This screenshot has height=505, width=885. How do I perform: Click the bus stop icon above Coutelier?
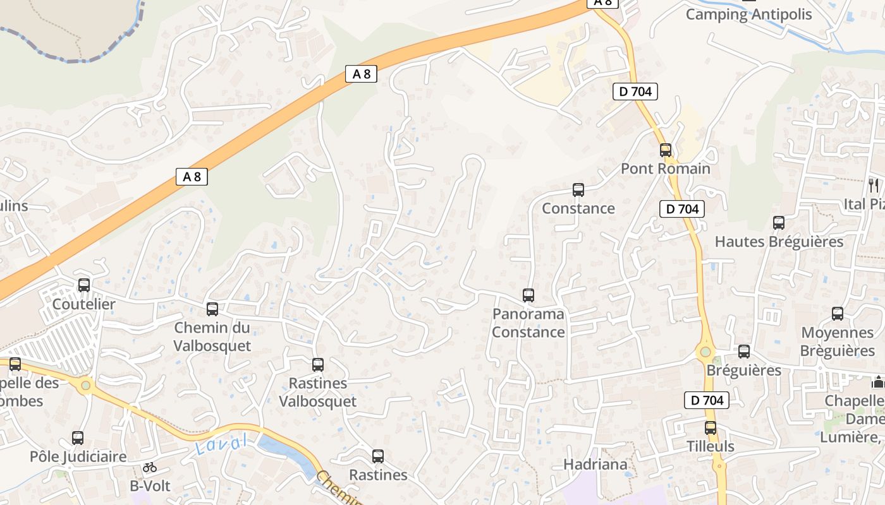click(84, 285)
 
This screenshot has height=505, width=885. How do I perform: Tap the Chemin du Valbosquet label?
click(212, 337)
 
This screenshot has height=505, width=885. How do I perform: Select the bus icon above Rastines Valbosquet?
click(318, 365)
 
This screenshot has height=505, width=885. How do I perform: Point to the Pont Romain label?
click(666, 169)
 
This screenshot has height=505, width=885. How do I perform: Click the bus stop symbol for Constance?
click(578, 190)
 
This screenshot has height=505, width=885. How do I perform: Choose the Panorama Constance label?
click(528, 323)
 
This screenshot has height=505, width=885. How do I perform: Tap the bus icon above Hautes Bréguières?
click(779, 223)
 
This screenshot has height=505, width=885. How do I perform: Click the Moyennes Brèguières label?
click(838, 342)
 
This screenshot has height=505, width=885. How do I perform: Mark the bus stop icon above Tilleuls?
click(711, 428)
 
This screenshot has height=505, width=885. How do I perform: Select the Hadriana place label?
click(596, 465)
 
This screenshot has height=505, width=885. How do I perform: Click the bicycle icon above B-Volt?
click(150, 468)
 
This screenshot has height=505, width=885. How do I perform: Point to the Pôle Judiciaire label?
click(78, 456)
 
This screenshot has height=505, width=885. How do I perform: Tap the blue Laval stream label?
click(221, 444)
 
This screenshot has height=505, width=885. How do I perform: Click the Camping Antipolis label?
click(749, 14)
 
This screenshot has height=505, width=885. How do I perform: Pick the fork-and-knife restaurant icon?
click(874, 185)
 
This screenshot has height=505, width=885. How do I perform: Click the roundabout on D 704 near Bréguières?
click(705, 352)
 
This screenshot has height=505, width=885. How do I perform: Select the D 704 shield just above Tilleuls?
click(707, 400)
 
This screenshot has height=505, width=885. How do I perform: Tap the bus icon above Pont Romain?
click(666, 150)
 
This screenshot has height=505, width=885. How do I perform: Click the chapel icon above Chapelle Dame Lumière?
click(877, 382)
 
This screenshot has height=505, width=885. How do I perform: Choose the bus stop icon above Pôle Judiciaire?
click(78, 438)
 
